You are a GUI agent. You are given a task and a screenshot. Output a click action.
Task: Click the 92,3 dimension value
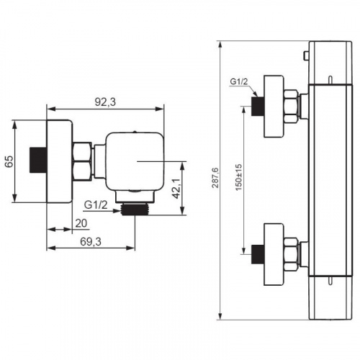pos(105,102)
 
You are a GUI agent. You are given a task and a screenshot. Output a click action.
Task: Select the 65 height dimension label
pos(9,161)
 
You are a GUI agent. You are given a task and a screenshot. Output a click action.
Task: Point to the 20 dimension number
pos(81,223)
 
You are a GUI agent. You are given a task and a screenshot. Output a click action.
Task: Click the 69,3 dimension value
pos(91,242)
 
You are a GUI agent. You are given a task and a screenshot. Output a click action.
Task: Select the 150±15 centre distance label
pos(239,177)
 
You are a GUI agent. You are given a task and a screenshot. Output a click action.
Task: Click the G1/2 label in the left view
pos(96,205)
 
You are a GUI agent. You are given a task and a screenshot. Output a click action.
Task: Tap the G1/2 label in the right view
pos(239,81)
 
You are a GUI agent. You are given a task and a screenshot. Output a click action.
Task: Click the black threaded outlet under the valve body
pos(135,210)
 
